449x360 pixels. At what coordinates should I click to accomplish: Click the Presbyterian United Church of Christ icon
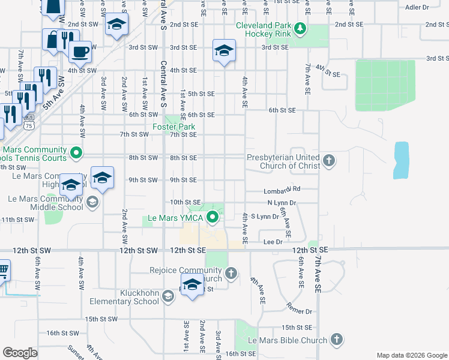[x=328, y=161]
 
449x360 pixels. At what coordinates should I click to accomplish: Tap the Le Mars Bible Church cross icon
[x=337, y=340]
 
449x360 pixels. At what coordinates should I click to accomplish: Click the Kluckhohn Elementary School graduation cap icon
[x=169, y=296]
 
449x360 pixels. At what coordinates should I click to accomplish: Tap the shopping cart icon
[x=2, y=271]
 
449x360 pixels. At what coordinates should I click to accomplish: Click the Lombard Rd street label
[x=282, y=191]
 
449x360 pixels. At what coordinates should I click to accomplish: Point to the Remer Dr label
[x=300, y=312]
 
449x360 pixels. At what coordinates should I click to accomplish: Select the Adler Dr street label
[x=417, y=7]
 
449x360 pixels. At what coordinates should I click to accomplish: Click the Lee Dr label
[x=273, y=242]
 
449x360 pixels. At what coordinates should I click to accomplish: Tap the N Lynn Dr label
[x=282, y=203]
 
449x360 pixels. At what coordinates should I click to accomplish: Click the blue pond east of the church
[x=400, y=160]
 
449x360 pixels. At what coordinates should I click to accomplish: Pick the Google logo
[x=20, y=353]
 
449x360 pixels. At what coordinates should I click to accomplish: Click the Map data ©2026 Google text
[x=411, y=355]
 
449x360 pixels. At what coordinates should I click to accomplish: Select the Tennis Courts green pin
[x=76, y=154]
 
